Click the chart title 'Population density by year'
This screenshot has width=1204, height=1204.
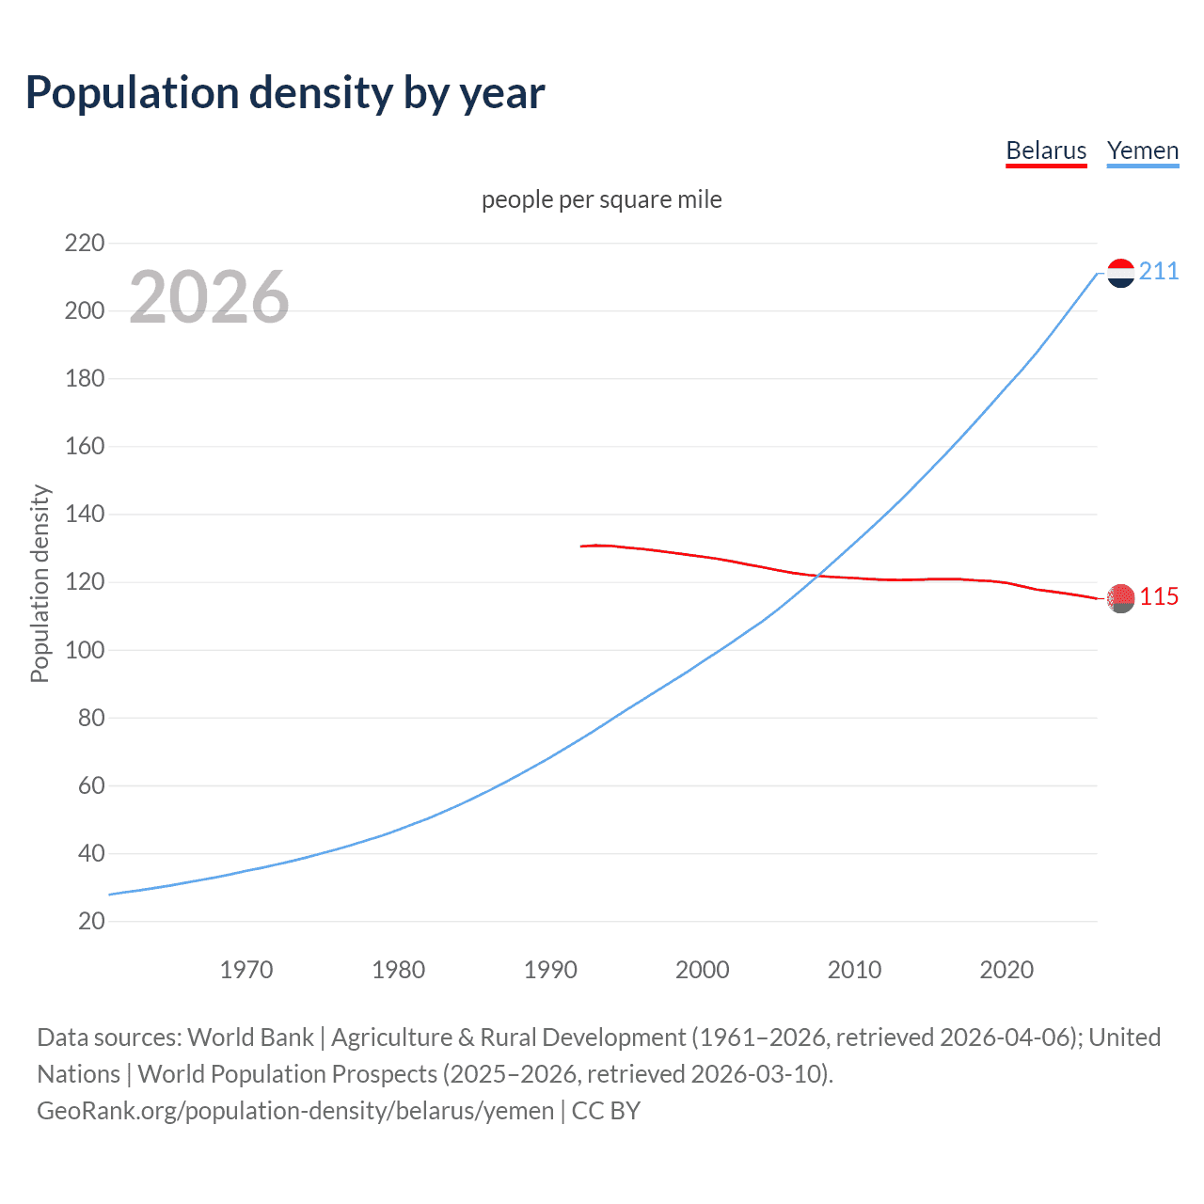click(x=285, y=92)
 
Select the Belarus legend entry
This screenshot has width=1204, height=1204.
click(x=1046, y=150)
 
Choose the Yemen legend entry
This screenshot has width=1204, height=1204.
click(x=1143, y=150)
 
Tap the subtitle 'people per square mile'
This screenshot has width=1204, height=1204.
click(x=602, y=199)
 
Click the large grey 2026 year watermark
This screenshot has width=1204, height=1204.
click(x=209, y=297)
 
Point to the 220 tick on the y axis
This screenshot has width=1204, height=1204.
click(x=85, y=243)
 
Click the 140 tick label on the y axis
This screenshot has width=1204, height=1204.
click(x=85, y=514)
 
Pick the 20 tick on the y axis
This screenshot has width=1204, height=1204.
click(x=91, y=921)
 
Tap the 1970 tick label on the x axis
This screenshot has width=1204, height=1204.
click(x=246, y=970)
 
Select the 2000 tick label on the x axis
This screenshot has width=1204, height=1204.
click(x=703, y=970)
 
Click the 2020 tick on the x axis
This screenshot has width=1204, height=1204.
click(x=1006, y=970)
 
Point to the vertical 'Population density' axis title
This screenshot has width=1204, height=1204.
click(x=40, y=583)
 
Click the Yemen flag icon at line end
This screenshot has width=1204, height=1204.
click(x=1120, y=273)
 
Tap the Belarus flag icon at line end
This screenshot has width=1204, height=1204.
click(x=1120, y=598)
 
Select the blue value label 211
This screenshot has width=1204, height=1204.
click(x=1159, y=272)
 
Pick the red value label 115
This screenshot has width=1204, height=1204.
click(x=1159, y=597)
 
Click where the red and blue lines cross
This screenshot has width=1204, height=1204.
click(x=819, y=575)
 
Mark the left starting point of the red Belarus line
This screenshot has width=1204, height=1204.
click(x=582, y=546)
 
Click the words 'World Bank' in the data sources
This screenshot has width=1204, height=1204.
click(x=250, y=1037)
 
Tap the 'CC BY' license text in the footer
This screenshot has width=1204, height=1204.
click(x=606, y=1110)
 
